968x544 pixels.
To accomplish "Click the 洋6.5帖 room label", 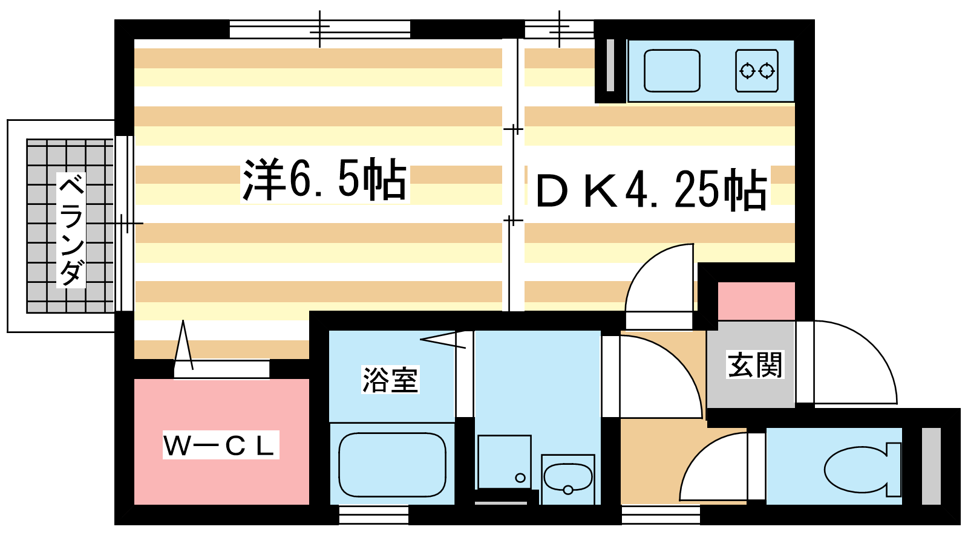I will click(324, 180).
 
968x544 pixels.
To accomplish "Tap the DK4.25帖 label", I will click(651, 190).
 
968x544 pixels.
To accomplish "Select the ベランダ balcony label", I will click(71, 230).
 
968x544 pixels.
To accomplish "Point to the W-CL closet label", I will click(220, 445).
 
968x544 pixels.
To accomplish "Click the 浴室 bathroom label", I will click(390, 380).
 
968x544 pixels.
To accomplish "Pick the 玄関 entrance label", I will click(755, 364).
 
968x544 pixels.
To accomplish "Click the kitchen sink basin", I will click(672, 71).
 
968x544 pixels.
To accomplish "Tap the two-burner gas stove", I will click(757, 71).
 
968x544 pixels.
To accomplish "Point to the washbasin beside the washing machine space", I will click(567, 478).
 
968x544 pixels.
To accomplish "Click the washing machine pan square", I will click(504, 462).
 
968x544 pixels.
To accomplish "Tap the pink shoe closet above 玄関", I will click(756, 300).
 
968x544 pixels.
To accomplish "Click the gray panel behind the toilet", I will click(931, 465).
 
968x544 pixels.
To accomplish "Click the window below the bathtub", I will click(373, 515).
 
